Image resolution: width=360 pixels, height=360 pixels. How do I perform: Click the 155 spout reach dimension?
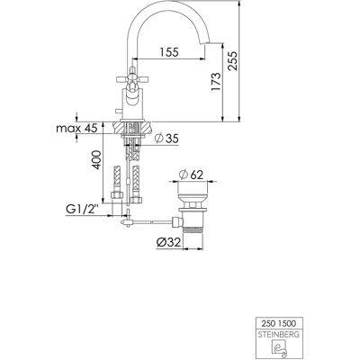(x=169, y=52)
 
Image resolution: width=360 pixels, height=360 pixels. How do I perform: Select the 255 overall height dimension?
(x=232, y=61)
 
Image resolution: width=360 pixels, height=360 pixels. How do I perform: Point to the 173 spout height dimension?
(x=216, y=82)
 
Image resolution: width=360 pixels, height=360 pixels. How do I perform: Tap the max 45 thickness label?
(x=76, y=129)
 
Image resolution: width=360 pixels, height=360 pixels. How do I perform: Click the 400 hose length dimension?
(x=96, y=160)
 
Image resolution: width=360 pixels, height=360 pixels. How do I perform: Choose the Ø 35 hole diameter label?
(x=166, y=139)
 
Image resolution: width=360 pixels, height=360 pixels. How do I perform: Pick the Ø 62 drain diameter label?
(x=191, y=175)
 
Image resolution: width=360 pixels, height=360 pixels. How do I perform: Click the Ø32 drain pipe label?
(x=169, y=242)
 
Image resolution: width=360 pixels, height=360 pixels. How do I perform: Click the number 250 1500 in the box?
(x=279, y=324)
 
